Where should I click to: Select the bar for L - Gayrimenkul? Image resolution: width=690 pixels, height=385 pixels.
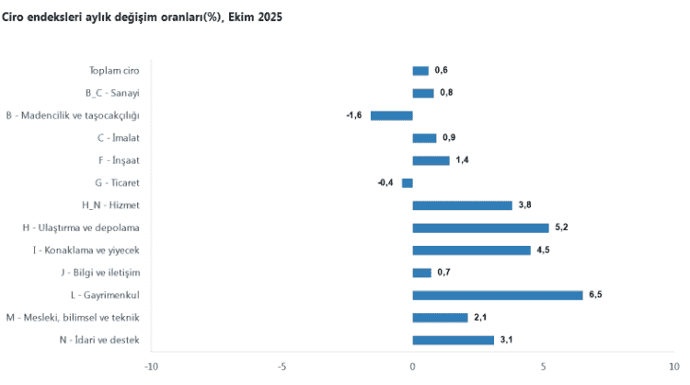[x=497, y=295]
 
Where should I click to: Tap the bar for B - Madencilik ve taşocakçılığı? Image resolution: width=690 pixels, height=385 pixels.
[x=391, y=115]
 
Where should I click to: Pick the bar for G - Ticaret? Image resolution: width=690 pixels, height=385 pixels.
[x=407, y=182]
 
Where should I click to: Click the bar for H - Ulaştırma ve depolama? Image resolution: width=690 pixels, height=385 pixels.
[x=480, y=227]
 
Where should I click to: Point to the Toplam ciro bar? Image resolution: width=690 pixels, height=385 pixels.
[x=420, y=70]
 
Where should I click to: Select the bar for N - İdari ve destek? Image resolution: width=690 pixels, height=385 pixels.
[x=453, y=340]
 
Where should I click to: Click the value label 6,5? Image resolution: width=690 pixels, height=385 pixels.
[x=595, y=295]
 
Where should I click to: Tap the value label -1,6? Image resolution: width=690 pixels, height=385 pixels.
[x=354, y=115]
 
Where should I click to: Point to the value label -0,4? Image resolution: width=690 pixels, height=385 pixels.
[x=385, y=182]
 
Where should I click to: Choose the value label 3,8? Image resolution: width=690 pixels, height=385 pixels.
[x=524, y=204]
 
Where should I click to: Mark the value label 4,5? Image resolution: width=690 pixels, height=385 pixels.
[x=543, y=250]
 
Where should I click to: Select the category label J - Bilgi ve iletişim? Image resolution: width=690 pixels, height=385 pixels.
[x=99, y=273]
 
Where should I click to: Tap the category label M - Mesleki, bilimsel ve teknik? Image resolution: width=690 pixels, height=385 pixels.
[x=73, y=318]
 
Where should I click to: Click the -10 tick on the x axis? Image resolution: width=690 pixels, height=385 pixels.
[x=150, y=366]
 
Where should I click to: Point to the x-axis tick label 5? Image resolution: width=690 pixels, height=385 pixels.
[x=544, y=366]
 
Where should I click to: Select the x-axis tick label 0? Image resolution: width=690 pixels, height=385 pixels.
[x=412, y=366]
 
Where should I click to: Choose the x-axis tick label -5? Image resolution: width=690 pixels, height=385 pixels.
[x=281, y=366]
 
